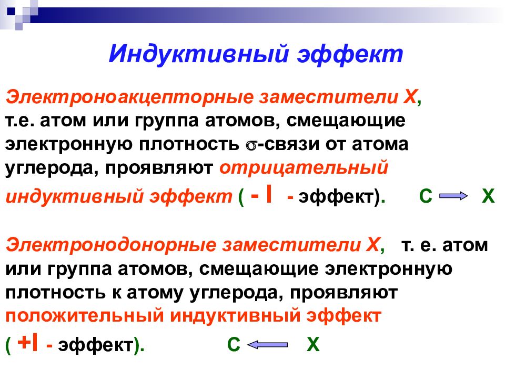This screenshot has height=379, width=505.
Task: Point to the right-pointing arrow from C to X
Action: click(x=453, y=197)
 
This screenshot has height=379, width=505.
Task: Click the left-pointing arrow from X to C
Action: click(x=267, y=345)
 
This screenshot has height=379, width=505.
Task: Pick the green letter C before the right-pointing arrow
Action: click(x=426, y=197)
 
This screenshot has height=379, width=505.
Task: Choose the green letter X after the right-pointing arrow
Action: click(x=488, y=197)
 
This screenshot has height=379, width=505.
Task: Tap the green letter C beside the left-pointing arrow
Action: click(x=234, y=345)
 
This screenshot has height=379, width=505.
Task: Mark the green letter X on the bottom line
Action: click(x=313, y=345)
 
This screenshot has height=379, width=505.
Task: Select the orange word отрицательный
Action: click(x=304, y=167)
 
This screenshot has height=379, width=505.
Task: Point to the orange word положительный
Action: click(x=84, y=316)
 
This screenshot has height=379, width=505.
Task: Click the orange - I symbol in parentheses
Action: click(x=261, y=195)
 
